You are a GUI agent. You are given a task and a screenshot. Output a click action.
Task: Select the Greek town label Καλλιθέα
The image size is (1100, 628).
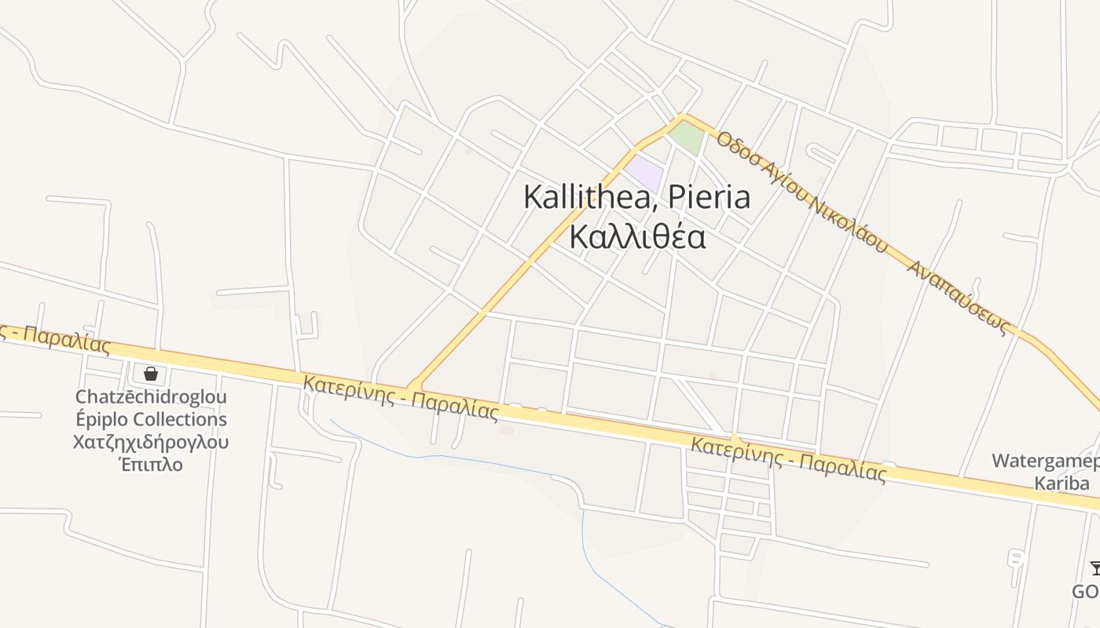(x=637, y=235)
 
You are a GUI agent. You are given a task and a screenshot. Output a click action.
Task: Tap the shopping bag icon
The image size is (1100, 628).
(x=151, y=374)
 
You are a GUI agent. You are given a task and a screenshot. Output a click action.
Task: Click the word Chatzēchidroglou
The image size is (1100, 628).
(x=151, y=397)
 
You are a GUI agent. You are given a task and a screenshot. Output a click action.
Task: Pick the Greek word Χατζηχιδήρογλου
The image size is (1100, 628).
(x=151, y=442)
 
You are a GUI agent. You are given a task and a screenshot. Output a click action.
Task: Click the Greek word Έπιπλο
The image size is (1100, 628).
(x=151, y=464)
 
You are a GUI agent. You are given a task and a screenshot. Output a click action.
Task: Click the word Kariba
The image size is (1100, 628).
(x=1061, y=483)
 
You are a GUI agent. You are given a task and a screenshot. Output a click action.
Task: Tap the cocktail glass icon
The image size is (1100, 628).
(x=1094, y=568)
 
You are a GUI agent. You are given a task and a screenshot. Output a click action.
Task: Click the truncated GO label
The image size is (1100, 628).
(x=1086, y=590)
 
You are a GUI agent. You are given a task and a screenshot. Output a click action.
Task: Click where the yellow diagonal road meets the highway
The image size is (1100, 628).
(x=415, y=387)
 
